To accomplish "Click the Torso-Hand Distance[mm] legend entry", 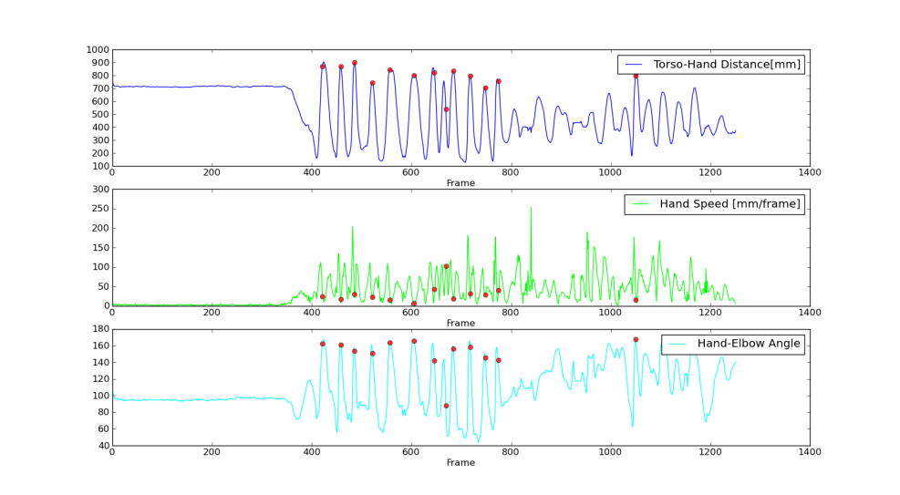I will tap(727, 65).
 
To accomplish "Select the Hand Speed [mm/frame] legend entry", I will tap(729, 204).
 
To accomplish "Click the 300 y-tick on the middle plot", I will tap(98, 190).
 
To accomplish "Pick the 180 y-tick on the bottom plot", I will tap(98, 329).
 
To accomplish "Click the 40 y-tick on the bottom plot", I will tap(101, 446).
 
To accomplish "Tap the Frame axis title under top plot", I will tap(460, 183).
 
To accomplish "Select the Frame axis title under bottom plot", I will tap(460, 463).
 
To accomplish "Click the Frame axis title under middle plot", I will tap(460, 323).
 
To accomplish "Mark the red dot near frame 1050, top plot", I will tap(636, 76).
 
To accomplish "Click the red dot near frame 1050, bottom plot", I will tap(636, 340).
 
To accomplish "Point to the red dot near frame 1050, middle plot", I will tap(636, 300).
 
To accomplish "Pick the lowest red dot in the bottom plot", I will tap(446, 406).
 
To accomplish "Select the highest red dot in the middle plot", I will tap(446, 266).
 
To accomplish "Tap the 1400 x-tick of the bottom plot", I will tap(809, 451).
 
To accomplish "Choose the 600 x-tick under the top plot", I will tap(411, 172).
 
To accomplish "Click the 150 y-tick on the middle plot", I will tap(98, 248).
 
